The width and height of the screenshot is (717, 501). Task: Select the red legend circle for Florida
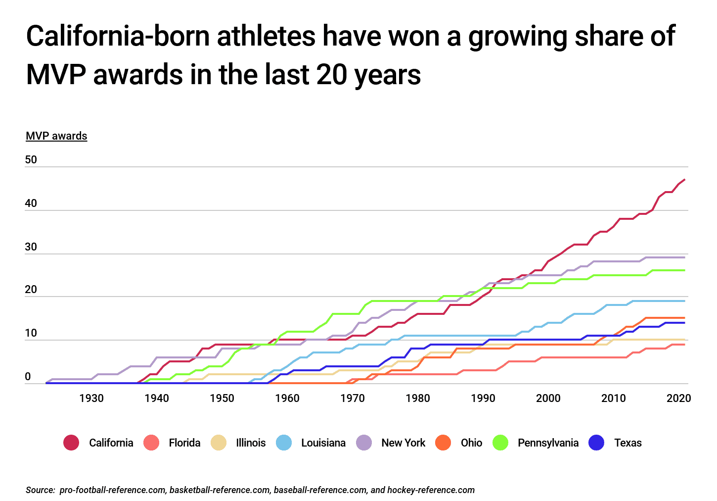[151, 443]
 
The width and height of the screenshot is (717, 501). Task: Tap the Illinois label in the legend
[251, 443]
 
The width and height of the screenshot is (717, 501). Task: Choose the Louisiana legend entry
[323, 443]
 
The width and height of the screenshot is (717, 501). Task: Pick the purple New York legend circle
[364, 443]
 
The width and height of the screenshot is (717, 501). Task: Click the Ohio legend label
[471, 443]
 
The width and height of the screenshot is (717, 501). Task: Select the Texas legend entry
[627, 443]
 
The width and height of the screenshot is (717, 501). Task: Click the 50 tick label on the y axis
[31, 160]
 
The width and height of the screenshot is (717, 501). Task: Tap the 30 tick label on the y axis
[31, 247]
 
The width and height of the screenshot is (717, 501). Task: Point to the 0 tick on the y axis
[28, 377]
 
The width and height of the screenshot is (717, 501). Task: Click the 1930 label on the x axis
[91, 398]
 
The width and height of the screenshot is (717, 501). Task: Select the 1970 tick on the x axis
[353, 398]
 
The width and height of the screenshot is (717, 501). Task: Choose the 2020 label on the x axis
[678, 398]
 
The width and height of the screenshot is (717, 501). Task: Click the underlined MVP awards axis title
[56, 136]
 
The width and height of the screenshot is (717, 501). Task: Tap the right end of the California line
[684, 180]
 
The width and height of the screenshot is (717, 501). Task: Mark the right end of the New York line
[684, 257]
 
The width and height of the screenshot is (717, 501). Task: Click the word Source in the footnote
[40, 490]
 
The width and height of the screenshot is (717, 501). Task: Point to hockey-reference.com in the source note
[431, 490]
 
